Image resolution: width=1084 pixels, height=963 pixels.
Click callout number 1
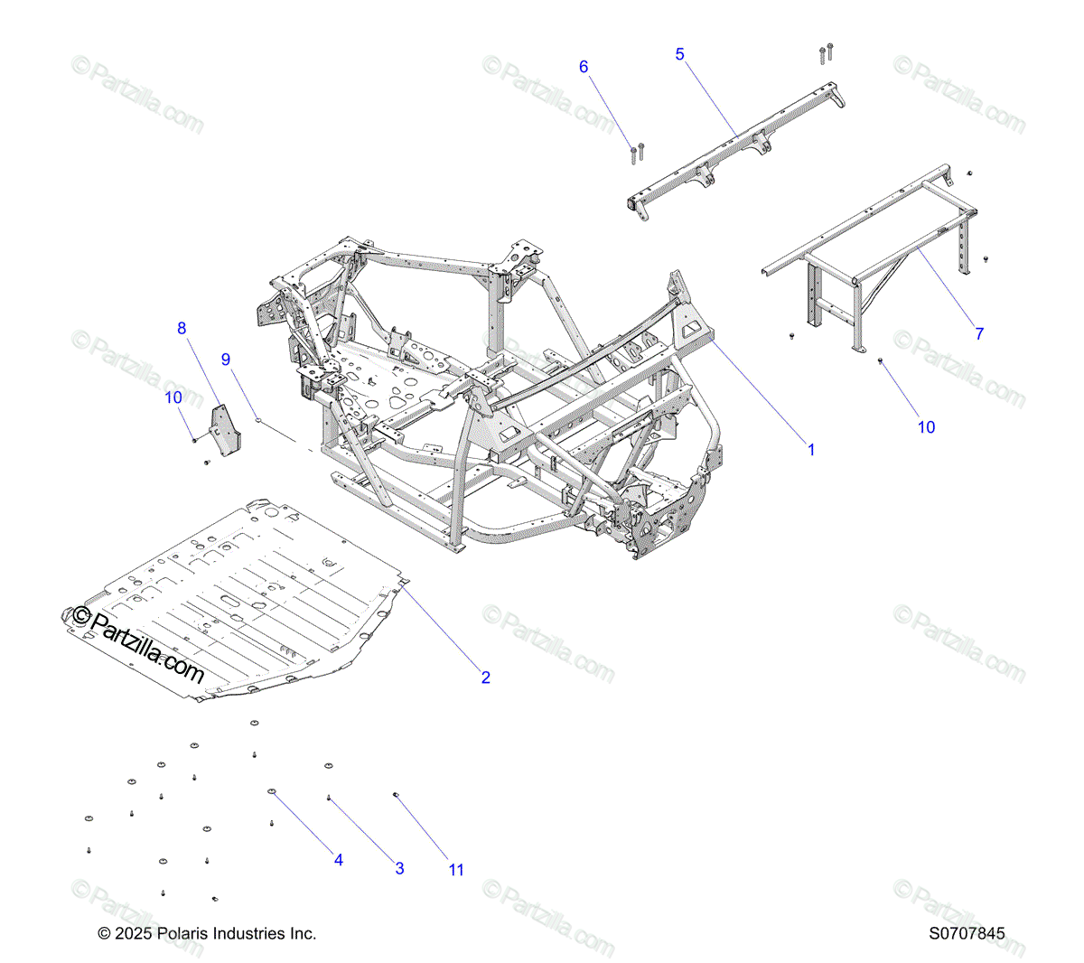(x=811, y=449)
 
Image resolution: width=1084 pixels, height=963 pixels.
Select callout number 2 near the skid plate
(x=485, y=678)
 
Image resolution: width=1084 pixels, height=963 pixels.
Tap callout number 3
(x=399, y=869)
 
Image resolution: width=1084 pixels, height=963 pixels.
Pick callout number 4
(x=339, y=860)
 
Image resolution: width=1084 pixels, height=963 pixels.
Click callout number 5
(x=680, y=54)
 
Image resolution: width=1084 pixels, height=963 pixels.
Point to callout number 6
(x=584, y=67)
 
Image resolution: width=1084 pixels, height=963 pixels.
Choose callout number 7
(x=979, y=333)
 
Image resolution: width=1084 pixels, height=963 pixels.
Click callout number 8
(x=182, y=328)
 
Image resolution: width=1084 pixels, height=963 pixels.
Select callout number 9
(x=226, y=360)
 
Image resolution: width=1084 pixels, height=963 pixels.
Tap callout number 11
(x=456, y=870)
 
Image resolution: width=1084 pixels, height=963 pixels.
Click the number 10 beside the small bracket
(x=173, y=397)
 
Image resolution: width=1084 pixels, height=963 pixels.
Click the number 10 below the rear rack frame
(x=927, y=427)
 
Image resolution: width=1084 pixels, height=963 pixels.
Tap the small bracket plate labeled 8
(x=226, y=430)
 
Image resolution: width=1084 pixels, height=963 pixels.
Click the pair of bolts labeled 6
(x=637, y=153)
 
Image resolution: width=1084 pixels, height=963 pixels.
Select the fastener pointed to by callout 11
(x=396, y=795)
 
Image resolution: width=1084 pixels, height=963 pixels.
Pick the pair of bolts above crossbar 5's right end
(x=826, y=52)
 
